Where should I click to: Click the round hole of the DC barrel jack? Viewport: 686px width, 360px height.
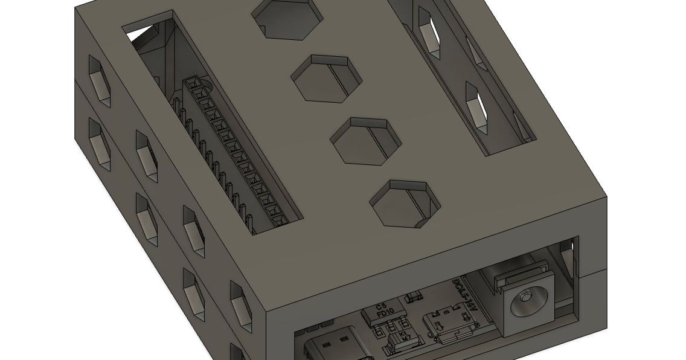point(526,298)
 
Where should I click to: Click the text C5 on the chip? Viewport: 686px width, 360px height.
point(381,306)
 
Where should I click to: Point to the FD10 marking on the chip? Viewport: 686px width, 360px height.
point(385,314)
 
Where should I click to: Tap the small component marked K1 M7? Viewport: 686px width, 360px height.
point(406,335)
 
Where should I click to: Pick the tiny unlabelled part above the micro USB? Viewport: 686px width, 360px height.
point(414,297)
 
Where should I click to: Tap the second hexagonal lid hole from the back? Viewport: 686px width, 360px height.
point(327,79)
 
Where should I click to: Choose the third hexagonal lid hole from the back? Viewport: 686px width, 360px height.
point(366,141)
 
